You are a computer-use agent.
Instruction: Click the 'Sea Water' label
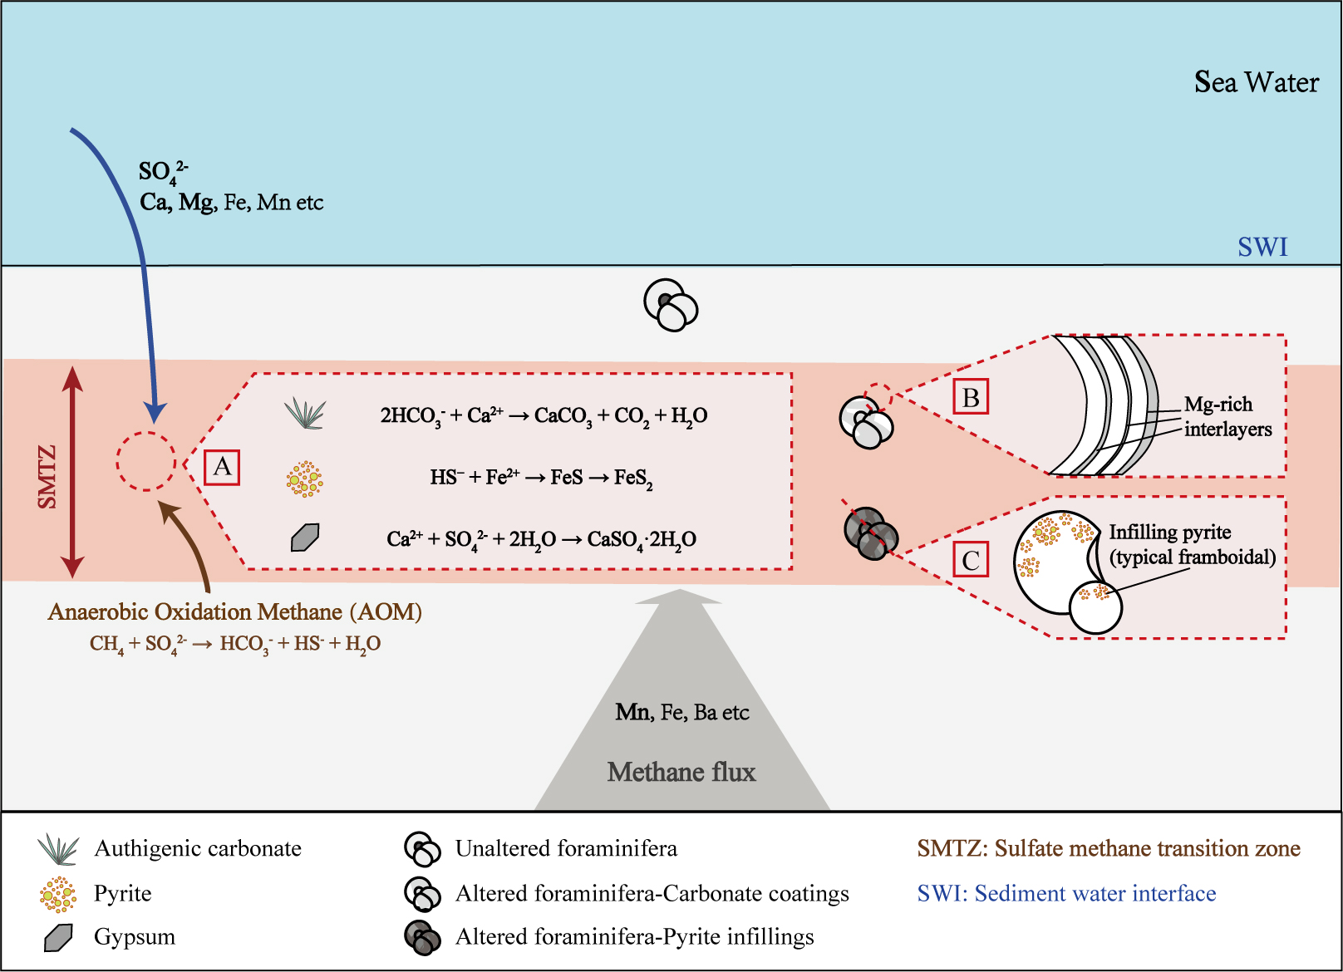tap(1256, 82)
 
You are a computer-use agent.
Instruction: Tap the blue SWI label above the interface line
tap(1262, 247)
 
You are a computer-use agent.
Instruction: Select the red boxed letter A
tap(222, 467)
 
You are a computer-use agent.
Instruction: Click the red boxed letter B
tap(970, 398)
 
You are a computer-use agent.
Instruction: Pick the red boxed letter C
tap(970, 560)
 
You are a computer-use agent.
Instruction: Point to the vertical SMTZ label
tap(47, 476)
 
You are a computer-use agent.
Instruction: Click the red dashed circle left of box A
tap(145, 462)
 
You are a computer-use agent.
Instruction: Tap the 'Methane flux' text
tap(681, 773)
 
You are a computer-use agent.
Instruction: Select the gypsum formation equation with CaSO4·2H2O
tap(541, 540)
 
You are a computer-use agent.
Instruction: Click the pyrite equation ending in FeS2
tap(541, 478)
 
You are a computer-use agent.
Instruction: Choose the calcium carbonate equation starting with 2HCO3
tap(544, 415)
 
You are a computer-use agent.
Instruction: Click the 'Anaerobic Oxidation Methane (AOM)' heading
tap(235, 612)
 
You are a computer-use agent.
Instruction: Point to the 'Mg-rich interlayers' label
tap(1227, 417)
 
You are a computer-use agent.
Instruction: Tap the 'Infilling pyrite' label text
tap(1169, 533)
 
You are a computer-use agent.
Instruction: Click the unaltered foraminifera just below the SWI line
tap(671, 305)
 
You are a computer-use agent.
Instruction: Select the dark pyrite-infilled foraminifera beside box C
tap(871, 533)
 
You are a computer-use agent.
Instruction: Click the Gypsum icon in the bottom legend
tap(58, 937)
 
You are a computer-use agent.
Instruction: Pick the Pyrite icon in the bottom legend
tap(57, 894)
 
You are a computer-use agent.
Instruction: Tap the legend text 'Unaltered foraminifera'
tap(566, 848)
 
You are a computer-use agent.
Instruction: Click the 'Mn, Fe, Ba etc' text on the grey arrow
tap(681, 713)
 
